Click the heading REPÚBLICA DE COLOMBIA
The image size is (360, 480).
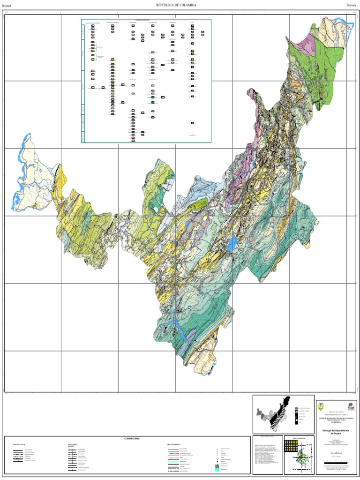(176, 5)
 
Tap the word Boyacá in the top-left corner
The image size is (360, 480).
(7, 5)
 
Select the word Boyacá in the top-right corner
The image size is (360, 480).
(351, 5)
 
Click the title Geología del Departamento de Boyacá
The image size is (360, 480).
(336, 432)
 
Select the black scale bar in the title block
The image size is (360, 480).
(336, 462)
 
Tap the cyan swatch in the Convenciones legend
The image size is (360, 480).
(217, 470)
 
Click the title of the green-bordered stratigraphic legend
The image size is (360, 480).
(146, 20)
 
